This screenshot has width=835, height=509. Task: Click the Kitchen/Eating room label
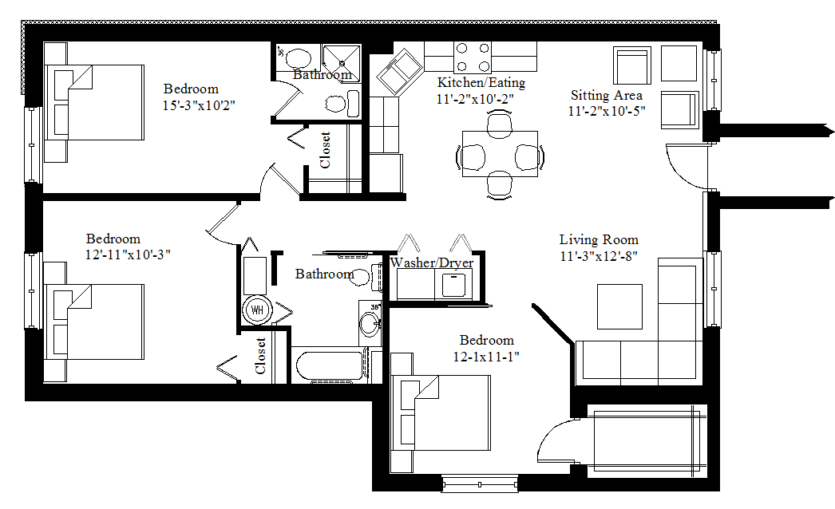[481, 82]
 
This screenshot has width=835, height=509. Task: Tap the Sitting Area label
[606, 95]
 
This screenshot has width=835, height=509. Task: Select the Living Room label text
[598, 239]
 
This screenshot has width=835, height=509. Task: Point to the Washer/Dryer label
[431, 263]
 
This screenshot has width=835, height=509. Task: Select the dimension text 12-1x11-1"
[486, 356]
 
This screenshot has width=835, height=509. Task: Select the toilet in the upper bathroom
[342, 103]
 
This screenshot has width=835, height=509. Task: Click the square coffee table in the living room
[619, 306]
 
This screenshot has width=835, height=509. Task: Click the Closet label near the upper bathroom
[325, 149]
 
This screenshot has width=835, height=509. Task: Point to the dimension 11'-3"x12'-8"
[598, 255]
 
